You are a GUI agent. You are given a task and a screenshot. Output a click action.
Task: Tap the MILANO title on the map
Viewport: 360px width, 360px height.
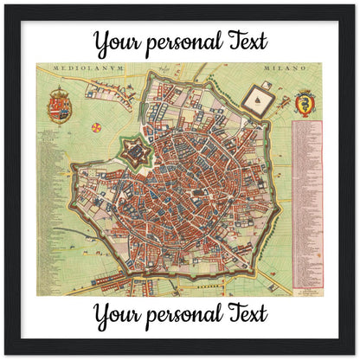point(280,67)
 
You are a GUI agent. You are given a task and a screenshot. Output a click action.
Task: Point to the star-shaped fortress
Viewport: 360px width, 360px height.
point(136,157)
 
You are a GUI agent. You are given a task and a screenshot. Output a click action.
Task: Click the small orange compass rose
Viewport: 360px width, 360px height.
point(95,128)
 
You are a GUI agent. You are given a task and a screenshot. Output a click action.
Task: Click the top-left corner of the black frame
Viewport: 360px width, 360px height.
point(5,5)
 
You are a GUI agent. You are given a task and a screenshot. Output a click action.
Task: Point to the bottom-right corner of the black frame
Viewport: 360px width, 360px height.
point(355,355)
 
